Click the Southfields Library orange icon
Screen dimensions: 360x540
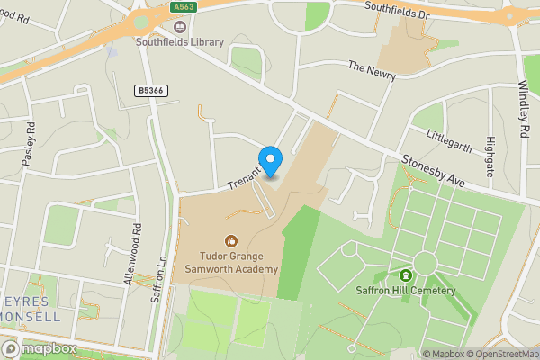141,23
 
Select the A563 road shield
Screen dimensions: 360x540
184,6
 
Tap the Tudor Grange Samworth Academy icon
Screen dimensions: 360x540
231,240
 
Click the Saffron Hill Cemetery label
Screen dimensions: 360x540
406,291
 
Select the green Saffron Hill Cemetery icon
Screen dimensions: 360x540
406,274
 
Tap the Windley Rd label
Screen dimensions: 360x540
524,109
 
